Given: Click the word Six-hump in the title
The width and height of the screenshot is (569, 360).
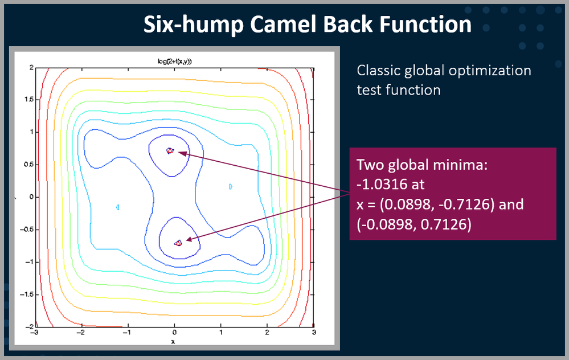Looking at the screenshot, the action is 194,24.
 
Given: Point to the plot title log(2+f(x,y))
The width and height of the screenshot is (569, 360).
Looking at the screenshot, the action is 174,62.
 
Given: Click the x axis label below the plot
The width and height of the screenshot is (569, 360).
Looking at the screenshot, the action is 173,342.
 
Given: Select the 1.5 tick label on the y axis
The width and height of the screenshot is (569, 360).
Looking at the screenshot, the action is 29,100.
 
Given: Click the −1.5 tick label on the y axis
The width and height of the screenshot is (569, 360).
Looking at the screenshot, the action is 27,294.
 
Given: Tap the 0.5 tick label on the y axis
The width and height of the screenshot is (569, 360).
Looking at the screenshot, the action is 29,165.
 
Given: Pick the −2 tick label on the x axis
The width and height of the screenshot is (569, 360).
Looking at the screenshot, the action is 80,333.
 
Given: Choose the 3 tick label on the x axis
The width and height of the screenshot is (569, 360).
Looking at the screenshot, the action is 314,333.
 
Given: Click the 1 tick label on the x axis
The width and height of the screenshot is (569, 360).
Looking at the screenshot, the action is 221,333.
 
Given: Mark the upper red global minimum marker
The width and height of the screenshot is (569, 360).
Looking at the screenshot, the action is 170,150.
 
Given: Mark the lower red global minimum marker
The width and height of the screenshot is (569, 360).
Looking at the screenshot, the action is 178,243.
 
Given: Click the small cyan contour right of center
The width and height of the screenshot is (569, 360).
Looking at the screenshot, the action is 231,186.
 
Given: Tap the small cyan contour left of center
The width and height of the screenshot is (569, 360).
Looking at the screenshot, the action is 117,207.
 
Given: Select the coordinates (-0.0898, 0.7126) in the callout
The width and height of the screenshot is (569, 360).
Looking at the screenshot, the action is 414,224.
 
